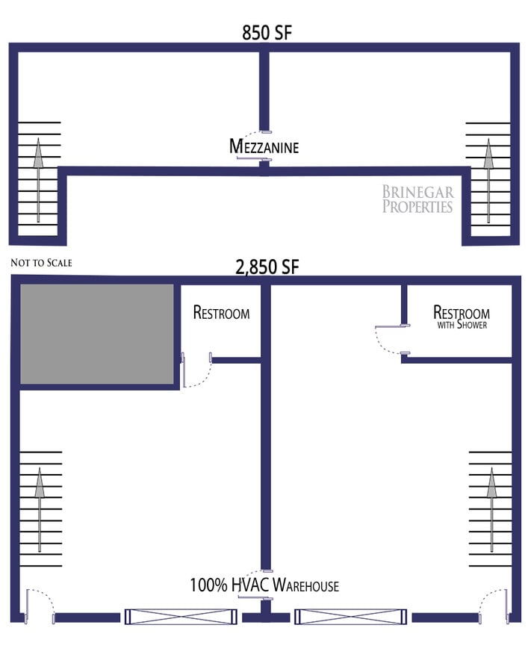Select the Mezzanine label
[264, 146]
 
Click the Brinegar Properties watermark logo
[417, 199]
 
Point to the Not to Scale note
[42, 263]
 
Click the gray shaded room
[96, 334]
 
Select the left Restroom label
[221, 312]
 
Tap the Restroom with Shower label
[462, 317]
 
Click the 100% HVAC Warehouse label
[264, 585]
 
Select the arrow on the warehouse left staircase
[40, 508]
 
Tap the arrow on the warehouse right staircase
[491, 508]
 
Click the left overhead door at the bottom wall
[180, 617]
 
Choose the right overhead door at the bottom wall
[351, 617]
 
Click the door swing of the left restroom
[196, 373]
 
